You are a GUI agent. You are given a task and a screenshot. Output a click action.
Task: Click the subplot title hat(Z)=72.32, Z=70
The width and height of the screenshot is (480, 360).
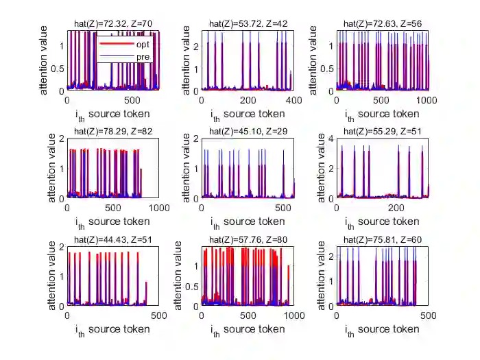(x=113, y=24)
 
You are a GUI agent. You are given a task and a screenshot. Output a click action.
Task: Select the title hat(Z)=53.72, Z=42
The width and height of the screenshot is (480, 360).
(x=248, y=24)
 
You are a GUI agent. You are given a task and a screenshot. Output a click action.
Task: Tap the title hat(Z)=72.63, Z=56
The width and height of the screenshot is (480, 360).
(x=383, y=24)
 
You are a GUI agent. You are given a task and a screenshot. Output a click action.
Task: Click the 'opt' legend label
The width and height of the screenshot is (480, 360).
(x=143, y=44)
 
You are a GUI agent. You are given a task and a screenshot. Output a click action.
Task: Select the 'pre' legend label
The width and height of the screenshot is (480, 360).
(x=143, y=56)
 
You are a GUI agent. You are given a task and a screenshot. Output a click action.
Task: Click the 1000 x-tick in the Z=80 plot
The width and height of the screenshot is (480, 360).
(x=293, y=315)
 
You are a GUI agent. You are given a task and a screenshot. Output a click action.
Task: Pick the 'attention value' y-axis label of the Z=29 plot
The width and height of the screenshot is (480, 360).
(x=179, y=168)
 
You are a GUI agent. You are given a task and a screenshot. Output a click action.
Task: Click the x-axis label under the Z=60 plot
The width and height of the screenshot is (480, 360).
(x=383, y=330)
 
